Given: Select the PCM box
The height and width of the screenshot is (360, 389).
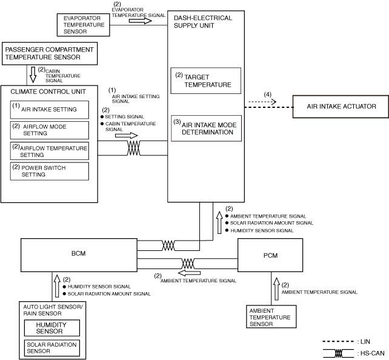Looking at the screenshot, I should (x=270, y=254).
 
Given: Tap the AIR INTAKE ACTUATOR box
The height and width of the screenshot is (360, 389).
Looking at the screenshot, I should (x=341, y=106).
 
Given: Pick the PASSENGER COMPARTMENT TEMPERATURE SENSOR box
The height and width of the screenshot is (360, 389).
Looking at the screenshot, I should (x=49, y=53).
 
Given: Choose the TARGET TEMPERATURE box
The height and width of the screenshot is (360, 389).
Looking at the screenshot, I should (x=206, y=81).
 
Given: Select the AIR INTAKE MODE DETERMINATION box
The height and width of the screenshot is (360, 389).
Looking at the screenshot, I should (x=206, y=128).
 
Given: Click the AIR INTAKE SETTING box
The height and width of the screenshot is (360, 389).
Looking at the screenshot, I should (x=49, y=109).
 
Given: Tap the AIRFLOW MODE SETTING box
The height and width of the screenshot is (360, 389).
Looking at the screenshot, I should (x=49, y=129).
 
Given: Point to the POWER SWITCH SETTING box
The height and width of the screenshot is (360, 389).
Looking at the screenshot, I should (x=49, y=170).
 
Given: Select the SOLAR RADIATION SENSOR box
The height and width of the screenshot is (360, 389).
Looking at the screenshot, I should (x=51, y=347).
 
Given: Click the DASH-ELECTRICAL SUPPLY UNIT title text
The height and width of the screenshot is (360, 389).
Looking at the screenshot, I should (x=202, y=22).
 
